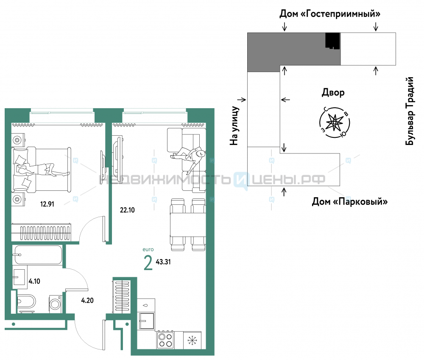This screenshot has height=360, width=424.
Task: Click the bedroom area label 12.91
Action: (47, 204)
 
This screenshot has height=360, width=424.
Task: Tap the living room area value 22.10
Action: (127, 210)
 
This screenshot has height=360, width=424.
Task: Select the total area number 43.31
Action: (163, 262)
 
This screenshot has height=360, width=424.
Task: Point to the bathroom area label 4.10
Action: (34, 281)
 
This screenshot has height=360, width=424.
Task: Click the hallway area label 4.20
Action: (87, 300)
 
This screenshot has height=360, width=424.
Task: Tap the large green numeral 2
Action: (148, 263)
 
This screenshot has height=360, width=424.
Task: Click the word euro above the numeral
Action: (148, 249)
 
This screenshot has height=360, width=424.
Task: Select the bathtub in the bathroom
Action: (38, 254)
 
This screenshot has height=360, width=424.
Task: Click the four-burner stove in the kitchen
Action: (165, 340)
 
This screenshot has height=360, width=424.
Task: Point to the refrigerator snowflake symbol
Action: (192, 340)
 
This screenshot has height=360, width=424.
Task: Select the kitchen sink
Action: (146, 321)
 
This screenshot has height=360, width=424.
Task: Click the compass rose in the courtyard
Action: (335, 122)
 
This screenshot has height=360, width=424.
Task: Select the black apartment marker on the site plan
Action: (332, 41)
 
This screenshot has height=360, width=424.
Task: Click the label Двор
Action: (333, 92)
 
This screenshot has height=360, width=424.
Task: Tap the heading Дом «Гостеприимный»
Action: (330, 14)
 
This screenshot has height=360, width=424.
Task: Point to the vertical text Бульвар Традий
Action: (410, 111)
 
